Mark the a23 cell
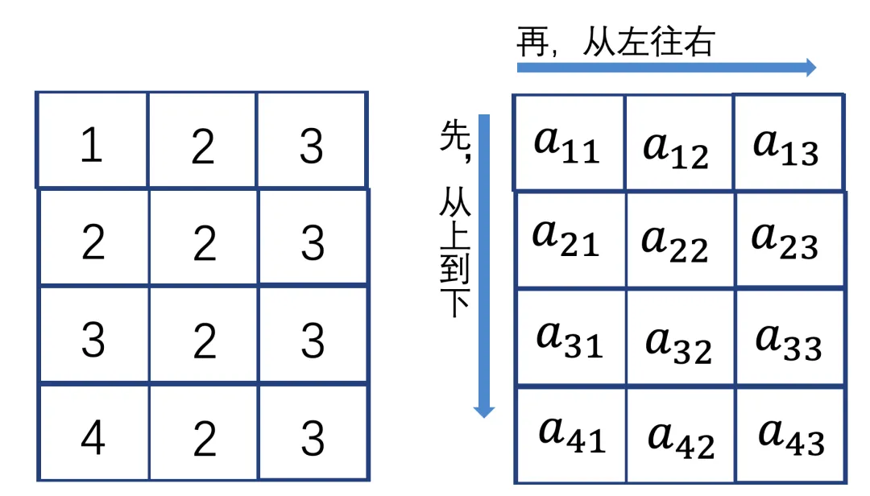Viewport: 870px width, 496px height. click(x=785, y=239)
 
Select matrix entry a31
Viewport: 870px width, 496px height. click(x=570, y=338)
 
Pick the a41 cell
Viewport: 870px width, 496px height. click(x=571, y=435)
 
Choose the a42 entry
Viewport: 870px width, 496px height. click(x=681, y=437)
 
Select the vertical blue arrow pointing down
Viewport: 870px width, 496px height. click(x=483, y=266)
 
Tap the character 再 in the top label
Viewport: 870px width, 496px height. click(x=532, y=42)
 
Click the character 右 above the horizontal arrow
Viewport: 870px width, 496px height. click(x=696, y=42)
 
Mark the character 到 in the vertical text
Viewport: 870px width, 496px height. click(x=454, y=267)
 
